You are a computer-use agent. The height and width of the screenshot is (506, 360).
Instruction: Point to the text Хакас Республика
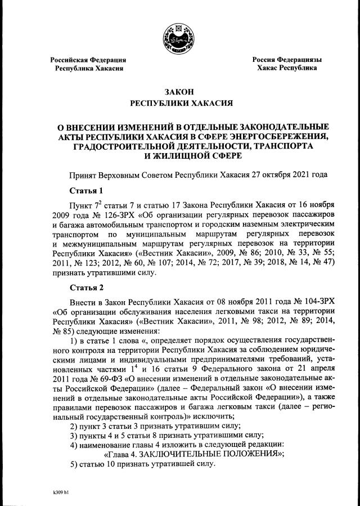[x=286, y=68]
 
